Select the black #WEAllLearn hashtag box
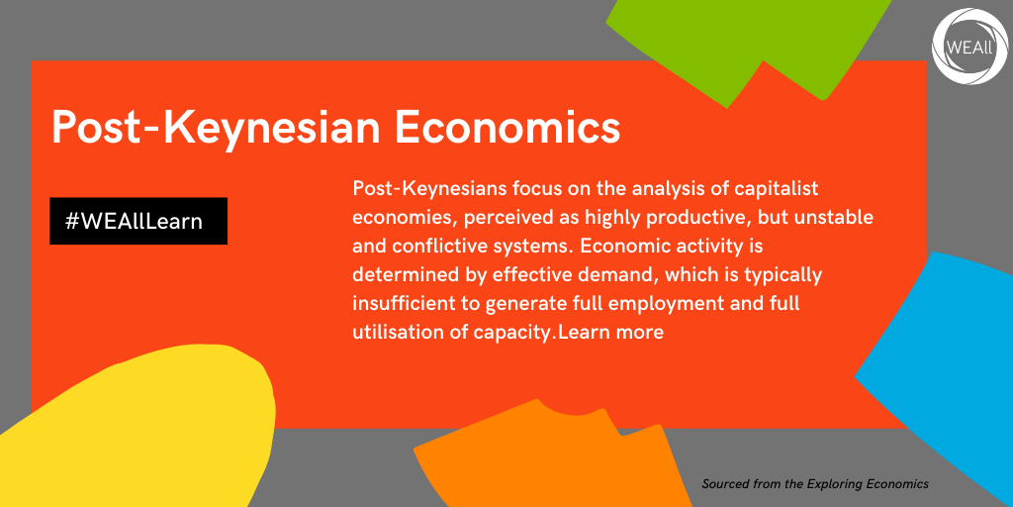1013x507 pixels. (x=138, y=221)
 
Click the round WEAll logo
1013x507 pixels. (x=970, y=47)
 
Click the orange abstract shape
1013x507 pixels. (x=549, y=459)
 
